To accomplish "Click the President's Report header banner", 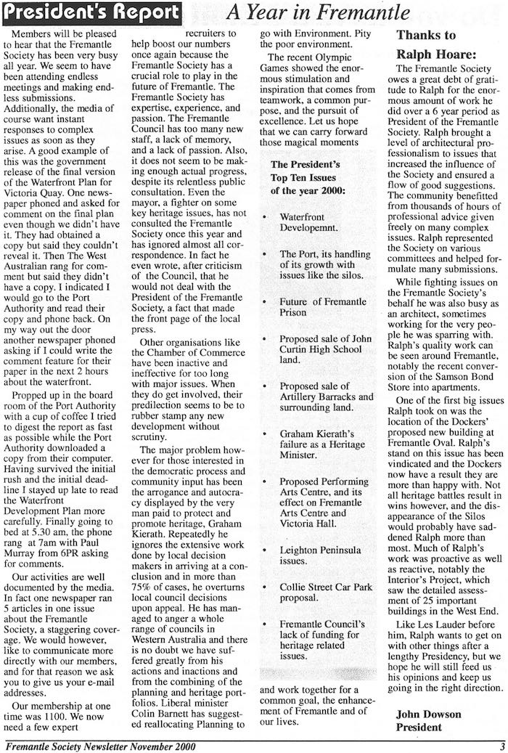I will [x=91, y=12].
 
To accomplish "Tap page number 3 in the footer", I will [x=501, y=744].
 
